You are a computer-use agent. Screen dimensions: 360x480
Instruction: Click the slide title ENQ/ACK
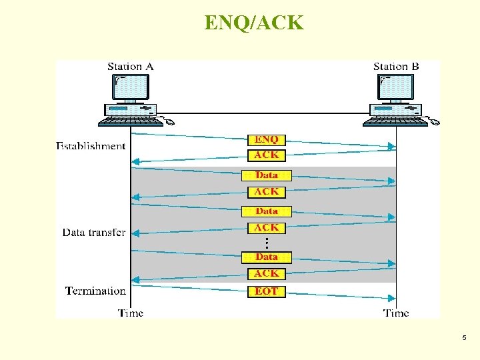click(x=253, y=23)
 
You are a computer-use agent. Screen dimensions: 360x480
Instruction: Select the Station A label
click(x=131, y=67)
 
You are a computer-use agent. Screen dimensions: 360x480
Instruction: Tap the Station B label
click(x=396, y=67)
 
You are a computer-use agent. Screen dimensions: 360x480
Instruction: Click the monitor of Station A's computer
click(x=131, y=87)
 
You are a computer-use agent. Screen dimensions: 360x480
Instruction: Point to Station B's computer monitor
click(x=396, y=87)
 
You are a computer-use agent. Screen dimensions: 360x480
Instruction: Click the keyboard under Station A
click(x=130, y=121)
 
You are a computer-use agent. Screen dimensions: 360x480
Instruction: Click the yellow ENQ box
click(x=267, y=139)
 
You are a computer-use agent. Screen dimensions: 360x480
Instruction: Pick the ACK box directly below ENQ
click(x=267, y=155)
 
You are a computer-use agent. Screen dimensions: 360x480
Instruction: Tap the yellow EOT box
click(x=267, y=291)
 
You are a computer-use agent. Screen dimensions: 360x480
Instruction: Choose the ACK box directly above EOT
click(x=267, y=274)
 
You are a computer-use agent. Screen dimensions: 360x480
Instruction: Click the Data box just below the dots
click(x=267, y=257)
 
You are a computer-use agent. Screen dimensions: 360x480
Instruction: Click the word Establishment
click(x=91, y=146)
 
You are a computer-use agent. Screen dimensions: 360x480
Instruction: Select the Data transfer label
click(x=94, y=233)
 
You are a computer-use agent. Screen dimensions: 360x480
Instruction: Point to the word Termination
click(x=95, y=291)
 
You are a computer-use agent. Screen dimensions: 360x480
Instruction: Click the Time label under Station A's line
click(x=131, y=313)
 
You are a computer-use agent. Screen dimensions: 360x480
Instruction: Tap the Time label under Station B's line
click(x=396, y=313)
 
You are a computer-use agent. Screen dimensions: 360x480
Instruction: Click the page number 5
click(x=464, y=339)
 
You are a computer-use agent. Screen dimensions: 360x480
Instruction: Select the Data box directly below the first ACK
click(x=267, y=175)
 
